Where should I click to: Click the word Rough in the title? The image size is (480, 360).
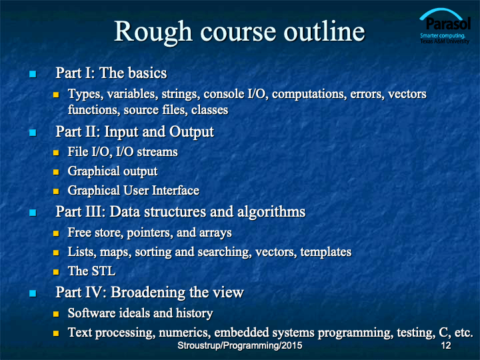coord(153,33)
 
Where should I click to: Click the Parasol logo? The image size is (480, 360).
coord(445,26)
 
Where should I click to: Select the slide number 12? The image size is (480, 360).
coord(446,345)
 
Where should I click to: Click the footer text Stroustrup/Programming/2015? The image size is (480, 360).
coord(240,345)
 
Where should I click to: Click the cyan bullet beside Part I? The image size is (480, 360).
coord(33,74)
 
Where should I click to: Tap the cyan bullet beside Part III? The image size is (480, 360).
coord(33,213)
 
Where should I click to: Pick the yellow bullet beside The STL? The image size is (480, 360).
coord(56,272)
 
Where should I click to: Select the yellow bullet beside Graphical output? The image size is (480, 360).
coord(56,172)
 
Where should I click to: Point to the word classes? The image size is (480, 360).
coord(210,110)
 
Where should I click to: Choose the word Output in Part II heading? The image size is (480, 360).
coord(191,132)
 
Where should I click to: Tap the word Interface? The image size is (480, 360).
coord(176,191)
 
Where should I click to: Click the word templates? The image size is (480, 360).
coord(326,252)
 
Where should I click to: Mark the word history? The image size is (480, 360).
coord(195,313)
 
